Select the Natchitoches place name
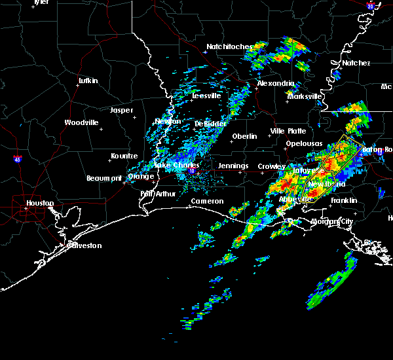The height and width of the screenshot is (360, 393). [x=229, y=46]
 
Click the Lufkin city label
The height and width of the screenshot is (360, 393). [x=88, y=81]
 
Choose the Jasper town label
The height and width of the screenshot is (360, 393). [x=121, y=110]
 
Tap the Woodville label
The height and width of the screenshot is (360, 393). [x=81, y=122]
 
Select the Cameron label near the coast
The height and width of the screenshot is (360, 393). [x=207, y=201]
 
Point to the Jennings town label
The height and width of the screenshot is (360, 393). [x=233, y=166]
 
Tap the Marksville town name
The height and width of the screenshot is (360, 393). [x=305, y=96]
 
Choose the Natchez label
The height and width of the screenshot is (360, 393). [x=356, y=63]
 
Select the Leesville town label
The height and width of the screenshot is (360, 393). [x=206, y=96]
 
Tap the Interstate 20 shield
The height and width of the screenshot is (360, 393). [x=371, y=6]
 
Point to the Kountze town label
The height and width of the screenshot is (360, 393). [x=124, y=156]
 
